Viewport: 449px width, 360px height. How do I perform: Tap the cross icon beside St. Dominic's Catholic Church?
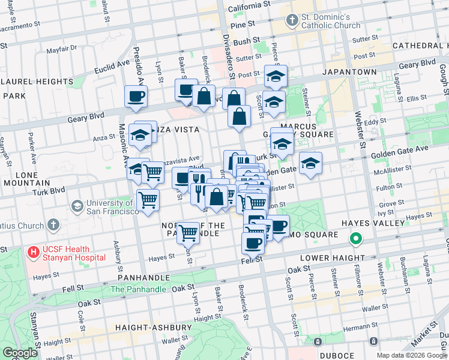click(292, 21)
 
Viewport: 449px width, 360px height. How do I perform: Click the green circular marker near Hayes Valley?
click(356, 239)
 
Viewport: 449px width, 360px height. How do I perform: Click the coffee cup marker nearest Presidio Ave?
click(136, 96)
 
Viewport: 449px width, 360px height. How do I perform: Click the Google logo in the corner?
click(20, 353)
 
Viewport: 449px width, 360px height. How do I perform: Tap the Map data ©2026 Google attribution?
click(412, 355)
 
